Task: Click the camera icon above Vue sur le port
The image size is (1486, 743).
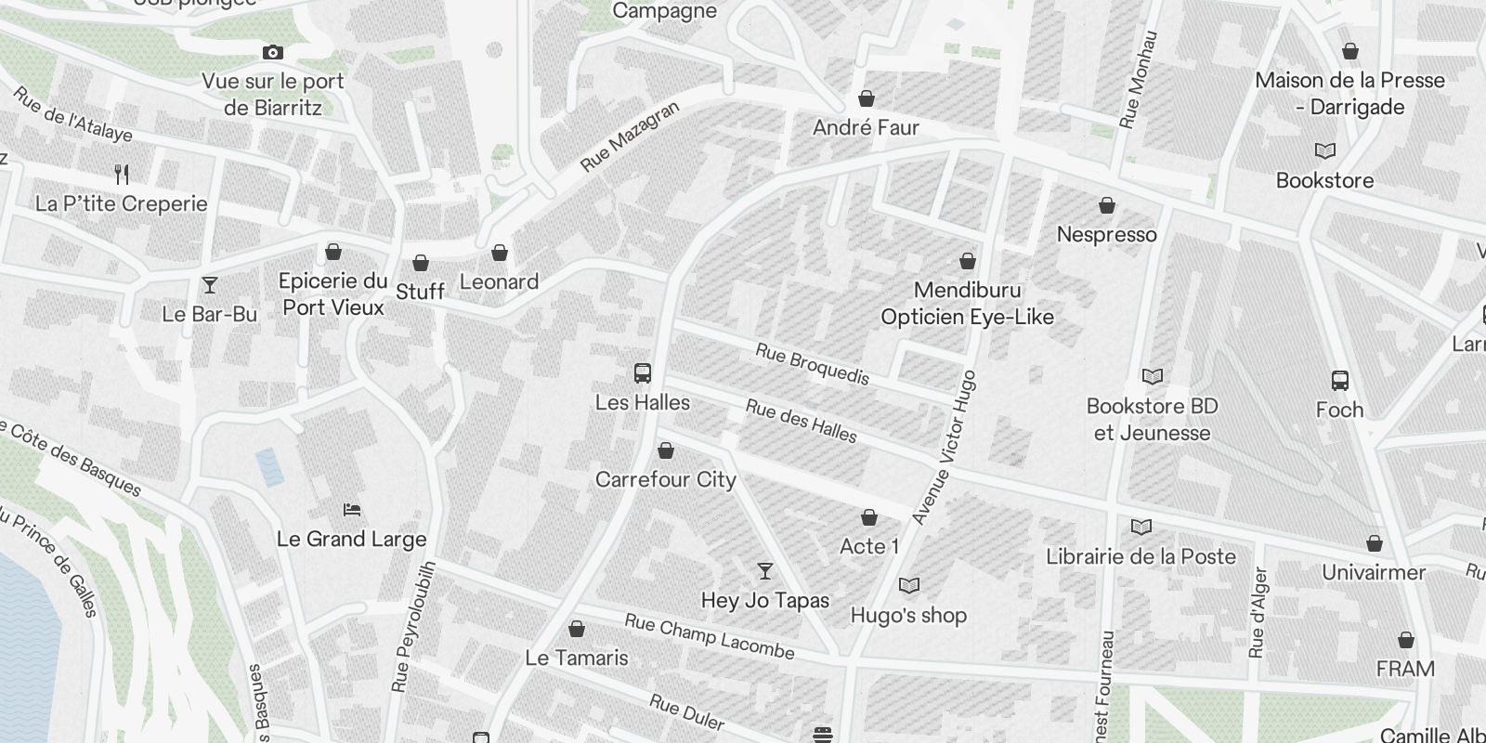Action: tap(272, 53)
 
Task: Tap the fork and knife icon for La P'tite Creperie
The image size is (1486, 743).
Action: tap(122, 174)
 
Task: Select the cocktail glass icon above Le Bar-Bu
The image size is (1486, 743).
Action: tap(210, 284)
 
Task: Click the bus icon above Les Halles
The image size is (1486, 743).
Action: tap(642, 373)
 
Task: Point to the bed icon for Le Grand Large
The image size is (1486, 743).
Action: tap(352, 509)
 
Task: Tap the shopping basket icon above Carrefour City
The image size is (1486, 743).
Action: tap(665, 451)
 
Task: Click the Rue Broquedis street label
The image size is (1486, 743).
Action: tap(813, 364)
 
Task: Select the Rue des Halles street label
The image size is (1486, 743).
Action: tap(802, 421)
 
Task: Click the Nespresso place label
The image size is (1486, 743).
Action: tap(1107, 234)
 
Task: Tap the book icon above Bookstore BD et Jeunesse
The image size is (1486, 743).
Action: tap(1153, 376)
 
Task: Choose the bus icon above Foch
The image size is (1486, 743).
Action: tap(1339, 380)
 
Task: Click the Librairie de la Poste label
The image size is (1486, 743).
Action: tap(1141, 556)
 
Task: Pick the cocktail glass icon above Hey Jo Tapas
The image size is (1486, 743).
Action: tap(764, 570)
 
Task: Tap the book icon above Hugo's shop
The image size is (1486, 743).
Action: tap(909, 585)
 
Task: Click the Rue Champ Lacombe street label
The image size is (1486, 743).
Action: tap(710, 636)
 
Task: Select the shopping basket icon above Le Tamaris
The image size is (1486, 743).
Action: tap(577, 629)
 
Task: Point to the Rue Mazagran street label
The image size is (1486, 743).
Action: tap(630, 137)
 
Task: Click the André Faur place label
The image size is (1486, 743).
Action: tap(866, 127)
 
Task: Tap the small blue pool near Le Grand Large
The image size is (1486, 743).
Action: tap(270, 467)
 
